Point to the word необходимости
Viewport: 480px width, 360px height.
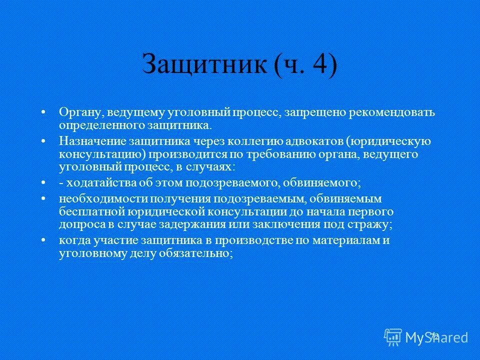(94, 199)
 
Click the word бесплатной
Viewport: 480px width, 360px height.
(88, 211)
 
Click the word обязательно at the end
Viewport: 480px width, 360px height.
(201, 253)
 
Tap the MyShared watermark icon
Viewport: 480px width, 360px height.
(393, 336)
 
